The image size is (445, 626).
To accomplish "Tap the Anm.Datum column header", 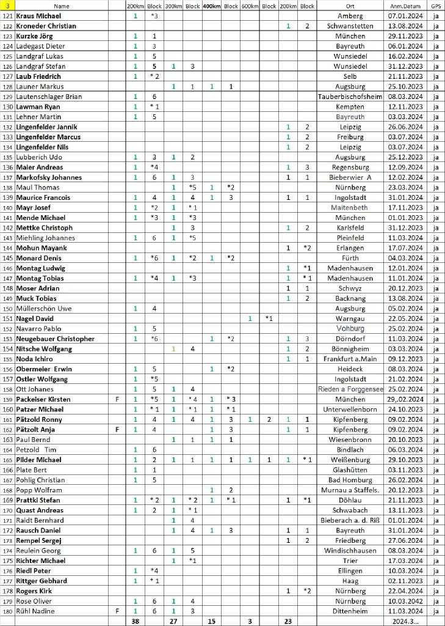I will click(401, 6).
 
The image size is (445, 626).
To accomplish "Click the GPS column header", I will click(435, 6).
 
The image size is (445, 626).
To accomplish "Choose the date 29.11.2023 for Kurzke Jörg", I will click(401, 36).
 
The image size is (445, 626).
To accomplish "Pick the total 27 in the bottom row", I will click(173, 621).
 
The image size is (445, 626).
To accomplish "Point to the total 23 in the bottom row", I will click(288, 621).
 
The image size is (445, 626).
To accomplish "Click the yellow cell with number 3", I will click(7, 6).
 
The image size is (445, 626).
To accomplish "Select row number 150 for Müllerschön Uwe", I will click(7, 308).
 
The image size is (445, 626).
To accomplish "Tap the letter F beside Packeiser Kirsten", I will click(117, 399).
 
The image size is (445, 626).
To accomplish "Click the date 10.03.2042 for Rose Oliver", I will click(401, 601).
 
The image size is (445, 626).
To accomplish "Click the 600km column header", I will click(249, 6).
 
